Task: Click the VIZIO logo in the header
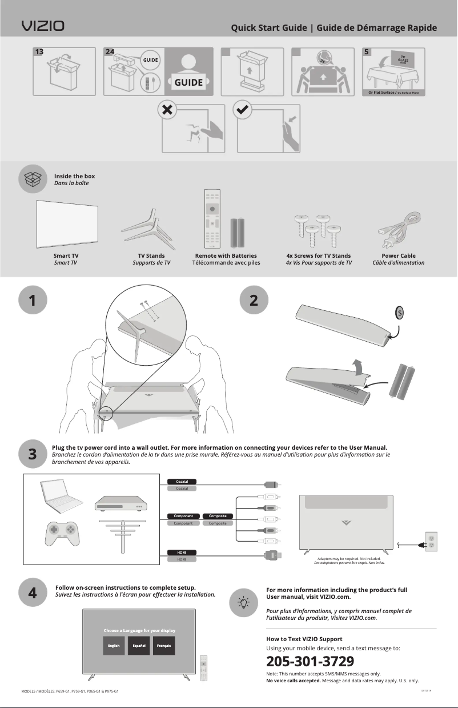[43, 26]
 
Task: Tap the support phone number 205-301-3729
[310, 662]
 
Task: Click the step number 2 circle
[254, 301]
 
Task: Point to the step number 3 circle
[33, 453]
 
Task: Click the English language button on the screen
[114, 646]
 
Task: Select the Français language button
[165, 646]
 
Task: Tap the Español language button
[139, 646]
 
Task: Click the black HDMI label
[182, 552]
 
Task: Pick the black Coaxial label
[182, 481]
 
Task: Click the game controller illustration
[62, 530]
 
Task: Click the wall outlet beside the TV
[431, 542]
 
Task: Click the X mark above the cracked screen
[167, 110]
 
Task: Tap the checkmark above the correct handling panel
[242, 110]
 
